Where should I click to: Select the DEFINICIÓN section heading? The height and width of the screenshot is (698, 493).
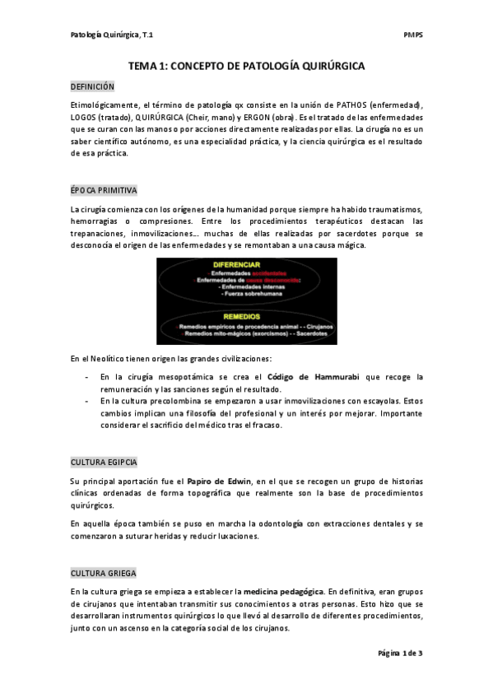[92, 86]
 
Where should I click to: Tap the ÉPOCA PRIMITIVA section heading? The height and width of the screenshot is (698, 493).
[103, 190]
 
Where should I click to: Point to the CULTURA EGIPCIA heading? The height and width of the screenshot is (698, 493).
[104, 462]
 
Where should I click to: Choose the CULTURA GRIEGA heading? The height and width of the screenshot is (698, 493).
[103, 573]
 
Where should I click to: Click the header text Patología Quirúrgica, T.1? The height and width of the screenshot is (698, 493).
[112, 35]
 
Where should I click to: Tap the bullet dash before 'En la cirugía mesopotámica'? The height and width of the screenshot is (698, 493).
[88, 377]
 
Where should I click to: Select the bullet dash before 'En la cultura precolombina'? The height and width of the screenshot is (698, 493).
[88, 402]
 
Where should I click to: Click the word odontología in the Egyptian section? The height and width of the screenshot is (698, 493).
[263, 523]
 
